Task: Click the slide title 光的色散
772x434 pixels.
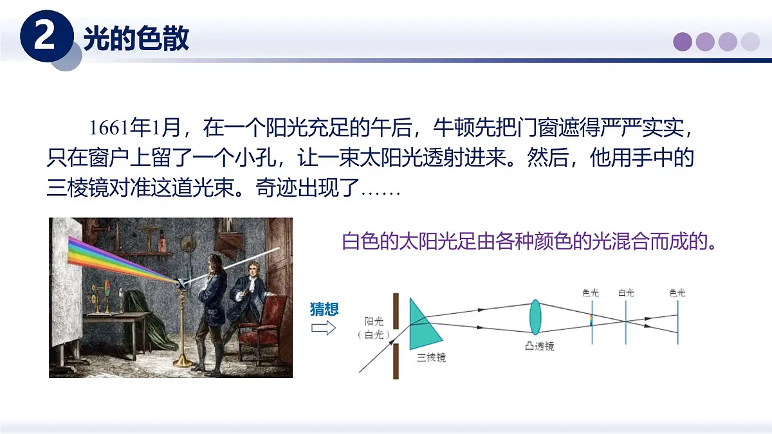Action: tap(136, 39)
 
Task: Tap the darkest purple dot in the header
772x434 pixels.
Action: tap(683, 42)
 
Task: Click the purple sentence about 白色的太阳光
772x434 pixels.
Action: tap(529, 243)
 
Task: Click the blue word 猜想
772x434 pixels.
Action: tap(324, 309)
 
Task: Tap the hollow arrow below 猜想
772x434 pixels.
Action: tap(324, 329)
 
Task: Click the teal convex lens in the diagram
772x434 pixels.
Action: tap(535, 316)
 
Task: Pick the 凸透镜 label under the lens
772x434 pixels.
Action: tap(538, 346)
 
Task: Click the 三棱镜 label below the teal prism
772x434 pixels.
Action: tap(431, 357)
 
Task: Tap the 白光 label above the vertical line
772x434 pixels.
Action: tap(626, 293)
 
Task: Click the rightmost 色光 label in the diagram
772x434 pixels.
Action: tap(677, 293)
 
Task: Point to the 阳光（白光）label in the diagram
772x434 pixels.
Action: tap(373, 327)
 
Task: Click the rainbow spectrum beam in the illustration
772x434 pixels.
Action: tap(122, 257)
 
